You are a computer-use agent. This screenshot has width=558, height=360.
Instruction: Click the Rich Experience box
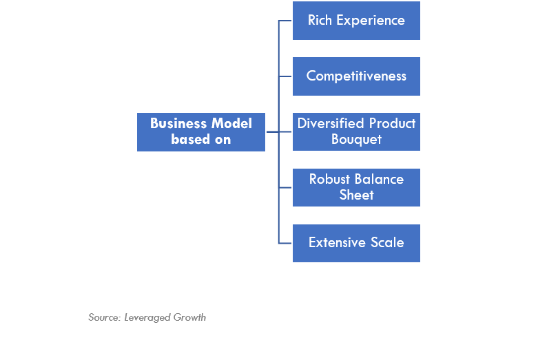(356, 21)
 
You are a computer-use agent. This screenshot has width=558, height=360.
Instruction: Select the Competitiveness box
(356, 76)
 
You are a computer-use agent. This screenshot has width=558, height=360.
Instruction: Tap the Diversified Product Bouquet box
(356, 131)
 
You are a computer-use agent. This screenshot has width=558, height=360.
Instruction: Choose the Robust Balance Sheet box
(356, 187)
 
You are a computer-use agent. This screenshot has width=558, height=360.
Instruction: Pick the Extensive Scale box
(356, 243)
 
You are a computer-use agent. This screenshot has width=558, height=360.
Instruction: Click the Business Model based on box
(201, 132)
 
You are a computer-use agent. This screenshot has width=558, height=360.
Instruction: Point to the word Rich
(320, 20)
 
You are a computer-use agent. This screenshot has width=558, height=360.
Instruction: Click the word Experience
(371, 21)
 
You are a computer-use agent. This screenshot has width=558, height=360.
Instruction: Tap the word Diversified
(331, 123)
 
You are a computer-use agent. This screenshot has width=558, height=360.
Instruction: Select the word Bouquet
(356, 140)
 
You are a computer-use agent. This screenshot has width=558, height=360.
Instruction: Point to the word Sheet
(356, 195)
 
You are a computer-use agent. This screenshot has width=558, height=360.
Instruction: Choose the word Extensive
(338, 242)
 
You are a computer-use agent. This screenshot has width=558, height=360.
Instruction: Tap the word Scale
(387, 242)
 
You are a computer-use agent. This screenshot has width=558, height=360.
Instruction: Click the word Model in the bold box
(231, 123)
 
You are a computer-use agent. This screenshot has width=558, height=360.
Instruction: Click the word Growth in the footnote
(189, 317)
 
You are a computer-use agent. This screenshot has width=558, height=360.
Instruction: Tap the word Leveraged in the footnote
(147, 318)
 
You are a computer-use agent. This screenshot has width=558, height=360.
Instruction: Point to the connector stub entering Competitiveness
(285, 76)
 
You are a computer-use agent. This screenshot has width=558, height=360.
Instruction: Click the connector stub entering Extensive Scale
(285, 243)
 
